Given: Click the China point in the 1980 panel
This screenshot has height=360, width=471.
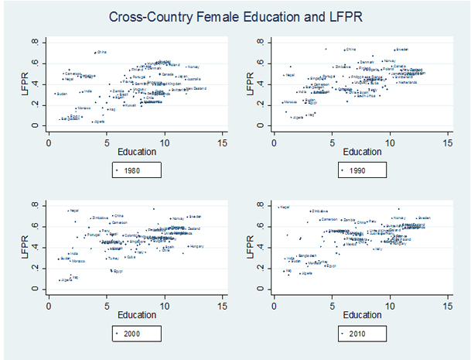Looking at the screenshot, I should (95, 53).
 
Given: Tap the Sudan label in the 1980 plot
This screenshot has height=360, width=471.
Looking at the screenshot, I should (62, 94).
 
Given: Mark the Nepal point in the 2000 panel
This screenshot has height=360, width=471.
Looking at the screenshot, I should (68, 210).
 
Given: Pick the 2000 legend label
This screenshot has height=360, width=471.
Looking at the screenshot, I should (137, 334).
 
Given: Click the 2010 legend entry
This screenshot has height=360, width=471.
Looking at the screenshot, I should (362, 334).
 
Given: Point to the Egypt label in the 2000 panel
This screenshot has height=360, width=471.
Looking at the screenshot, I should (118, 272).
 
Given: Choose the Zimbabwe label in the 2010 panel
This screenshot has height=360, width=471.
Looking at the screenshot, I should (321, 211).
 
